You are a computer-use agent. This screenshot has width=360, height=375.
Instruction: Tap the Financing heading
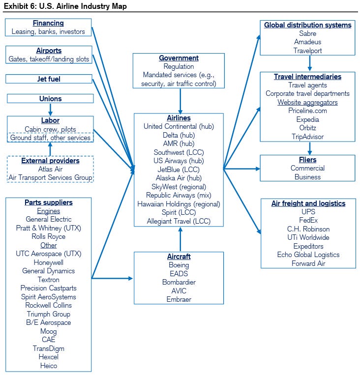pyautogui.click(x=48, y=23)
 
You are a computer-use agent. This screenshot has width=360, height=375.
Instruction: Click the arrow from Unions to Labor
pyautogui.click(x=50, y=110)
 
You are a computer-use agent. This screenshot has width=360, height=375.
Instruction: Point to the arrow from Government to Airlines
pyautogui.click(x=180, y=101)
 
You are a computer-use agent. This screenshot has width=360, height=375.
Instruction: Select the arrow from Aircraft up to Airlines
pyautogui.click(x=180, y=239)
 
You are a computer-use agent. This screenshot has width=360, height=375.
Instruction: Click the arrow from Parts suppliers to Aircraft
pyautogui.click(x=112, y=278)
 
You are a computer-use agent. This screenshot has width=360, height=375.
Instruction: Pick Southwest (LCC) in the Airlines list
pyautogui.click(x=179, y=152)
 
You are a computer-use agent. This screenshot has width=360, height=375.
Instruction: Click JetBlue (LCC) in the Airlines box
pyautogui.click(x=179, y=170)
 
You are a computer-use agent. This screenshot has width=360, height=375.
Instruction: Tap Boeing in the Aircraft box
pyautogui.click(x=179, y=265)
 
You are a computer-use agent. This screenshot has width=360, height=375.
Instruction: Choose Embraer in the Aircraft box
pyautogui.click(x=179, y=299)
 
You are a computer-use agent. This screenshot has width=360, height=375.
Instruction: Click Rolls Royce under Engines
pyautogui.click(x=49, y=236)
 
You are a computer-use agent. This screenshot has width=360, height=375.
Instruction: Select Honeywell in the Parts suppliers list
pyautogui.click(x=49, y=262)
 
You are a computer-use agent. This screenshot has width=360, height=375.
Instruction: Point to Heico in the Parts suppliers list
pyautogui.click(x=49, y=366)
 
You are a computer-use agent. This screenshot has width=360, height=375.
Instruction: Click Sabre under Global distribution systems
pyautogui.click(x=307, y=33)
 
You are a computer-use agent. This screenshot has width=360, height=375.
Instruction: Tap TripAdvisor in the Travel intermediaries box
pyautogui.click(x=307, y=137)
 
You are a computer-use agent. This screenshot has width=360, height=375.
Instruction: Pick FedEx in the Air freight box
pyautogui.click(x=308, y=220)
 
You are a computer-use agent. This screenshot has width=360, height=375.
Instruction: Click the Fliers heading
pyautogui.click(x=307, y=160)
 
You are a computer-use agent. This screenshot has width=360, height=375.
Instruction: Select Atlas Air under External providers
pyautogui.click(x=50, y=169)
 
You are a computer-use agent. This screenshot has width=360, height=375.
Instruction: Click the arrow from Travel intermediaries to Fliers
pyautogui.click(x=310, y=148)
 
